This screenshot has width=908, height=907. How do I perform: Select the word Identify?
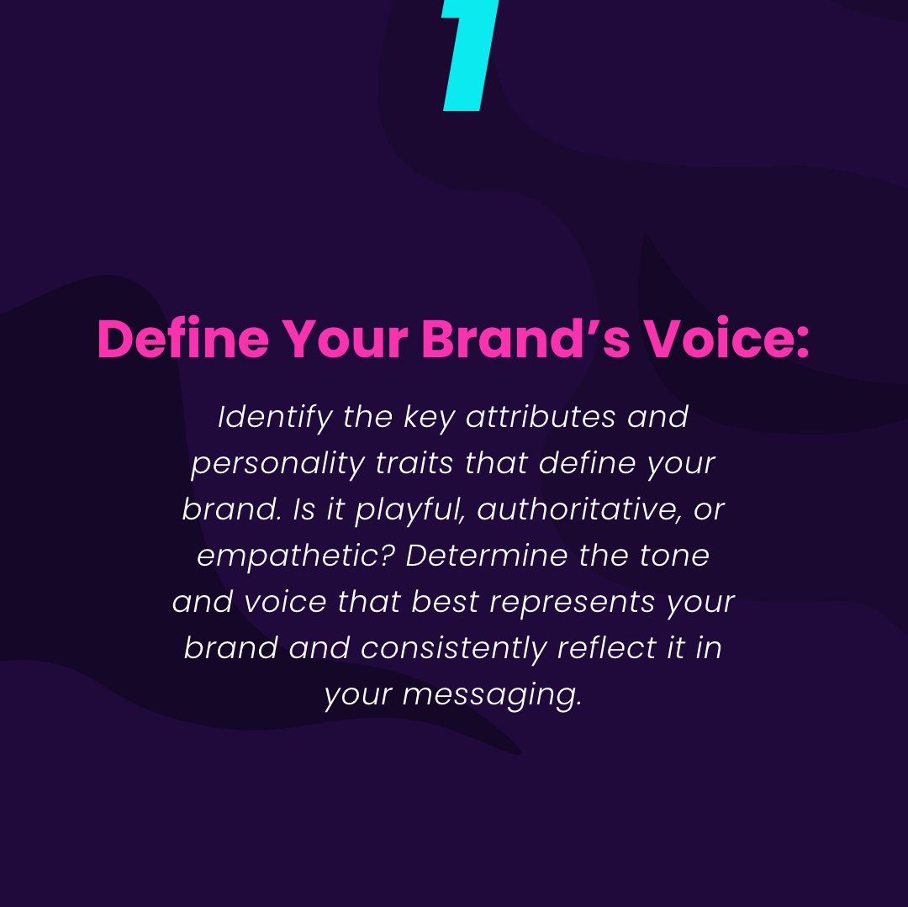click(275, 418)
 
